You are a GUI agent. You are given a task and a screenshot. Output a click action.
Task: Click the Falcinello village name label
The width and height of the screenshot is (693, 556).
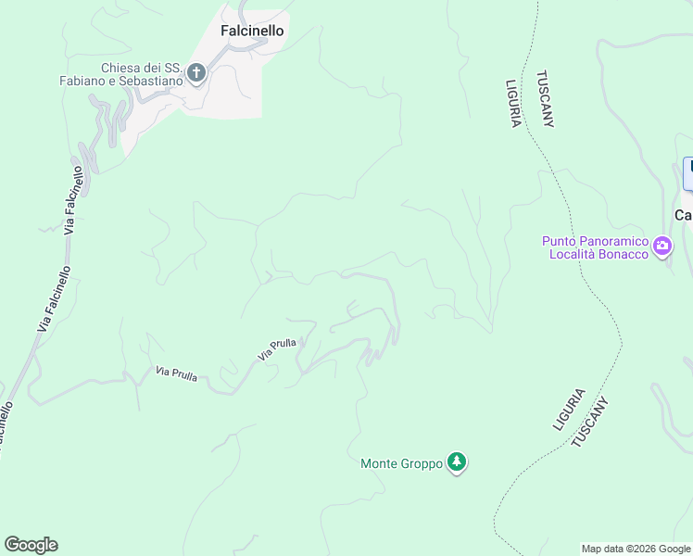pos(252,31)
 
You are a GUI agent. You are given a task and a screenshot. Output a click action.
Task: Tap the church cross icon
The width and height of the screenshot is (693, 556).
pos(196,72)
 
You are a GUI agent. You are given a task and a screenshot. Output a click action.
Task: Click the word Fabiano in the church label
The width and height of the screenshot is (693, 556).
pos(85,81)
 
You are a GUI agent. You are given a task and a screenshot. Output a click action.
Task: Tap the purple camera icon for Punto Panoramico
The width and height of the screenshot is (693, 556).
pos(662,246)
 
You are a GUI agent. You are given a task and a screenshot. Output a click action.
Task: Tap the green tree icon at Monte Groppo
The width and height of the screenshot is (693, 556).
pos(456,461)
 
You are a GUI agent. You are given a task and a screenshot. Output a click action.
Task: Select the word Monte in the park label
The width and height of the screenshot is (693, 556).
pos(380,463)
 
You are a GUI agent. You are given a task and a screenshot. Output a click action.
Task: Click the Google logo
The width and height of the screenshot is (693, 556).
pos(31,545)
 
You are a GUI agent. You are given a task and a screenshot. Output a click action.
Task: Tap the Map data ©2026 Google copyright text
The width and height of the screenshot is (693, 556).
pos(636,550)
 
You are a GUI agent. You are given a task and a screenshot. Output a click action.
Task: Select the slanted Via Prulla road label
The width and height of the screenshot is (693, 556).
pos(277,348)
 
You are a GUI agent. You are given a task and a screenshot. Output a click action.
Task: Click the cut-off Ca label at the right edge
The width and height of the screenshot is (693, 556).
pos(684,215)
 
